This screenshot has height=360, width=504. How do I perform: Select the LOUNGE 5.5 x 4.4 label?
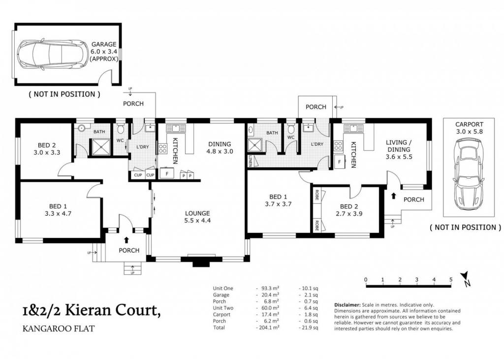197,217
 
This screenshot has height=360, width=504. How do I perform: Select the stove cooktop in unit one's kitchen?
162,149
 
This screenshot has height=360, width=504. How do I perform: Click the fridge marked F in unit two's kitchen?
340,162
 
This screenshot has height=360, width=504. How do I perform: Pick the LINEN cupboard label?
251,161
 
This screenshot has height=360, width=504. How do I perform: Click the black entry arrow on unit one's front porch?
126,240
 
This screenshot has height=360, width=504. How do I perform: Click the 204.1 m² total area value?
268,327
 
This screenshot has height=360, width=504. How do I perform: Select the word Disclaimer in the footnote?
347,305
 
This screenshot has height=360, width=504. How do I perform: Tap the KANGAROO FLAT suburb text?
59,328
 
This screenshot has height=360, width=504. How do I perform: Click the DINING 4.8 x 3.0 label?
220,147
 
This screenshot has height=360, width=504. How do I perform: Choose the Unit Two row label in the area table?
223,308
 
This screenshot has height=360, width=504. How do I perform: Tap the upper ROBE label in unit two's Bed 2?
316,195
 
